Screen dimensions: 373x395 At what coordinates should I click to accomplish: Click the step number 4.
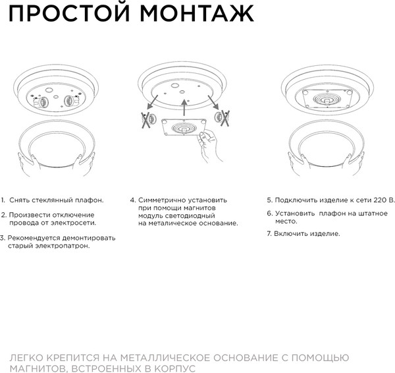(132, 199)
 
